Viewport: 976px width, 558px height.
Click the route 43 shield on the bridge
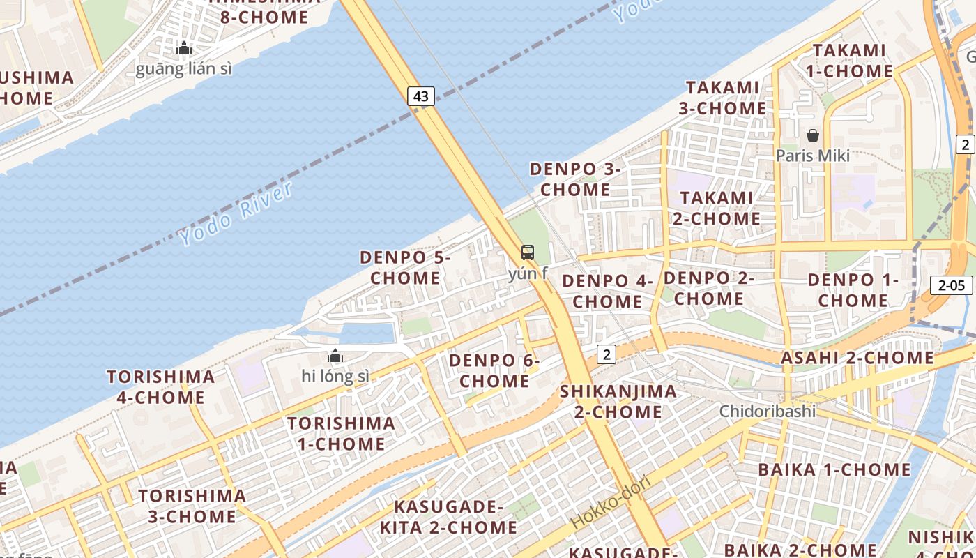coord(421,96)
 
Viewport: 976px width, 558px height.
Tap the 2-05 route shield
coord(952,285)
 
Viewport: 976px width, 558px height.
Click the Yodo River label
coord(236,213)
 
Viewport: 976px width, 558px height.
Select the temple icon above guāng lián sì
coord(184,48)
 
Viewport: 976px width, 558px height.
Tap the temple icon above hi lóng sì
coord(335,356)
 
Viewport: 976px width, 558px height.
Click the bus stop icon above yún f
coord(528,252)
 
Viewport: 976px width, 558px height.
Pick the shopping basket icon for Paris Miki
coord(813,135)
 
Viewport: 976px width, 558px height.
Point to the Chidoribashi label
coord(768,411)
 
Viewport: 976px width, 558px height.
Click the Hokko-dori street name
coord(611,502)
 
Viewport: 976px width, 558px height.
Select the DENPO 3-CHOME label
coord(575,179)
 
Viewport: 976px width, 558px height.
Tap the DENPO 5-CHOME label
coord(405,267)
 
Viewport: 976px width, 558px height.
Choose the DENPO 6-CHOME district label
coord(494,370)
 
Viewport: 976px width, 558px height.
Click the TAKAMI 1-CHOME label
coord(849,61)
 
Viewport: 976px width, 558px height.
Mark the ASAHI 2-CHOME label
coord(857,358)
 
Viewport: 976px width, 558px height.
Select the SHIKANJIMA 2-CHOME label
coord(618,401)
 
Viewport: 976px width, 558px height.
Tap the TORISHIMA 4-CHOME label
coord(161,387)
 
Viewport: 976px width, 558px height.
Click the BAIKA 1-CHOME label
coord(834,469)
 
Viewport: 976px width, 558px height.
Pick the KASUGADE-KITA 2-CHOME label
coord(449,517)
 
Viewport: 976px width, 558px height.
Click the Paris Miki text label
coord(813,156)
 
